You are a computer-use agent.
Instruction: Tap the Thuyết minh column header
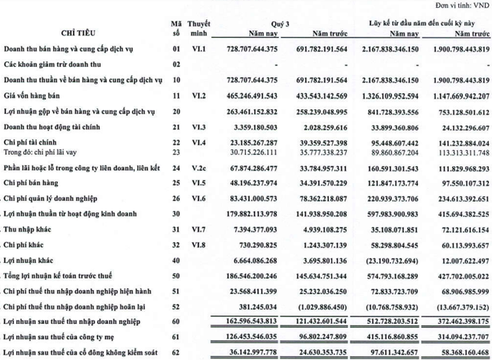202,28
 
